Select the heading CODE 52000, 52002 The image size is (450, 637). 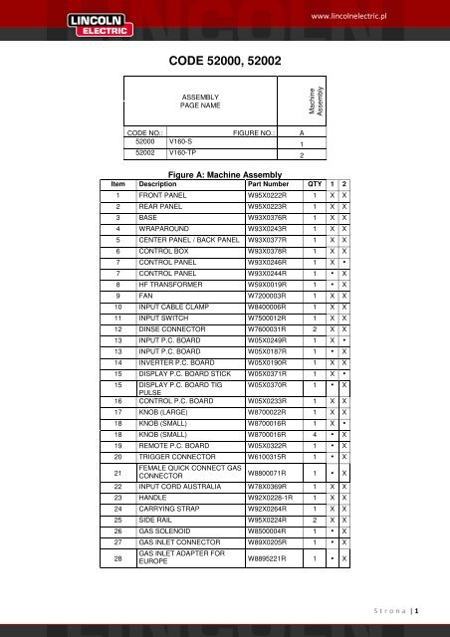pos(225,62)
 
